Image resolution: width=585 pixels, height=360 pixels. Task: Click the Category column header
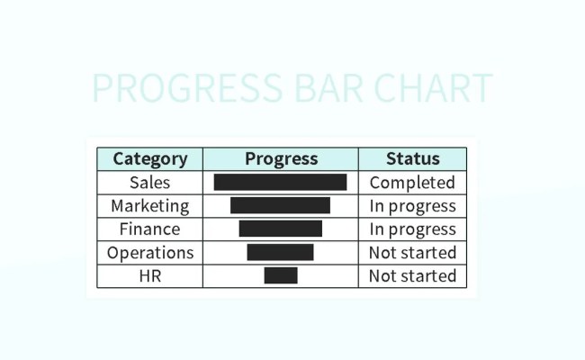point(149,159)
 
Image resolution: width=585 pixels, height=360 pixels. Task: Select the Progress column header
point(281,159)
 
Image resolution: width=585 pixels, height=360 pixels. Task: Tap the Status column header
point(412,159)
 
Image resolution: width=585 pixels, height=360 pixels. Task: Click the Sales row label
point(149,183)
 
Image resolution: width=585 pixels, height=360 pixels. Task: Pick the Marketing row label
point(149,206)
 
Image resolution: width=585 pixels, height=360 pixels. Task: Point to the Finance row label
point(149,229)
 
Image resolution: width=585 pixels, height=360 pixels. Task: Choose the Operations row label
point(149,253)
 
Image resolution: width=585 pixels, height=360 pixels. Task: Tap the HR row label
point(149,276)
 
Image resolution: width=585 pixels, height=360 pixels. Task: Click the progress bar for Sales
point(280,183)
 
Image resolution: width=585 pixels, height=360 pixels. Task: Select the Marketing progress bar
point(280,205)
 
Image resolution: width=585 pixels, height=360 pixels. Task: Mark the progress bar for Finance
point(280,229)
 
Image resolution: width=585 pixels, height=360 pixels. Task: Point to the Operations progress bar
point(280,252)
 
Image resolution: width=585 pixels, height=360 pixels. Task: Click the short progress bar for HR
point(280,275)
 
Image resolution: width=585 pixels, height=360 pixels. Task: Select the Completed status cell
point(412,183)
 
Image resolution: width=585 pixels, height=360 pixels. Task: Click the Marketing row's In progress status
point(412,206)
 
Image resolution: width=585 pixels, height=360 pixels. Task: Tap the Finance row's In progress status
point(412,229)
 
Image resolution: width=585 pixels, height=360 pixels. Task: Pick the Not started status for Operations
point(412,253)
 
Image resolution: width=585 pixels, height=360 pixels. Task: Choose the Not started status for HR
point(412,276)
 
